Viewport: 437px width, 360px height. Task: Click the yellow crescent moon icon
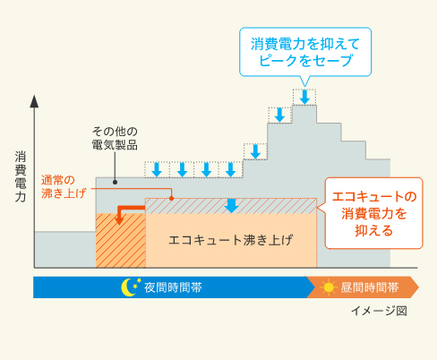(x=127, y=287)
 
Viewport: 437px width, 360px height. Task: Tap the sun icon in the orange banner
(x=329, y=287)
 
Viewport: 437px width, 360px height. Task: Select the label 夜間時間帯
(x=173, y=287)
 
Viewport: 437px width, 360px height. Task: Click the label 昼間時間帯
(x=370, y=287)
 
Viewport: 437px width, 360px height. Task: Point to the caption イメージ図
(x=379, y=311)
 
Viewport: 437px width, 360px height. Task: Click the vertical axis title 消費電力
(x=21, y=176)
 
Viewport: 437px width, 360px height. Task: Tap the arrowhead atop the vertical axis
(x=34, y=101)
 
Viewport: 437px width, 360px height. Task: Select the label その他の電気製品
(x=115, y=138)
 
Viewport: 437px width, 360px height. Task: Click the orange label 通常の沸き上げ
(x=64, y=187)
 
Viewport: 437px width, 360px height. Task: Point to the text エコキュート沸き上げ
(x=231, y=240)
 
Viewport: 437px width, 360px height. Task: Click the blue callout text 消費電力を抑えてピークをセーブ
(x=305, y=52)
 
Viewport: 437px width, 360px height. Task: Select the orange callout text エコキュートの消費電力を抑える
(x=374, y=214)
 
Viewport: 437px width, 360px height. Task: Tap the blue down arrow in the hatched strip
(x=231, y=206)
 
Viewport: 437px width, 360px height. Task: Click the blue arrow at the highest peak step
(x=304, y=97)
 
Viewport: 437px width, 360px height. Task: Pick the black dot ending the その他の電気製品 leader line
(x=115, y=182)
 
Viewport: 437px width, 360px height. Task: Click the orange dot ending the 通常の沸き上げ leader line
(x=171, y=198)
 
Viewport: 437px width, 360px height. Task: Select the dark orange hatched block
(x=121, y=240)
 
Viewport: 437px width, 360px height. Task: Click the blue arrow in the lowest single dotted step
(x=255, y=151)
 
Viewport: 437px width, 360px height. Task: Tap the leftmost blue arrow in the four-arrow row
(x=157, y=170)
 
